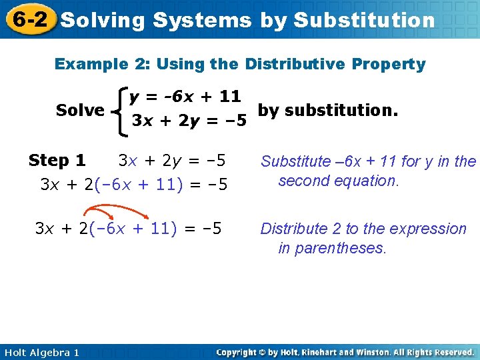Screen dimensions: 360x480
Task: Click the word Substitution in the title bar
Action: pos(364,20)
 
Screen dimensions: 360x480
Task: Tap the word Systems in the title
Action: pos(202,20)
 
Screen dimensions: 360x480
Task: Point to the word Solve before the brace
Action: pos(80,110)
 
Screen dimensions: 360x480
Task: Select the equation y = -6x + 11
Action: pos(185,97)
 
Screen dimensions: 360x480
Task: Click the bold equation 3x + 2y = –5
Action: pos(189,121)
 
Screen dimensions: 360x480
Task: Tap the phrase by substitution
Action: pos(328,109)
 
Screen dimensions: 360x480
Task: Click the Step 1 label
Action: pos(57,161)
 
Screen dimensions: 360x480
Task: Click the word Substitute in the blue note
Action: pos(295,161)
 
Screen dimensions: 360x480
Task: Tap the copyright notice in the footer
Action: pos(345,352)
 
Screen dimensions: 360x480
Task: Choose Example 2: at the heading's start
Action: pos(93,64)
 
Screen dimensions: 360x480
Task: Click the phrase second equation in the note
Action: pos(338,181)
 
